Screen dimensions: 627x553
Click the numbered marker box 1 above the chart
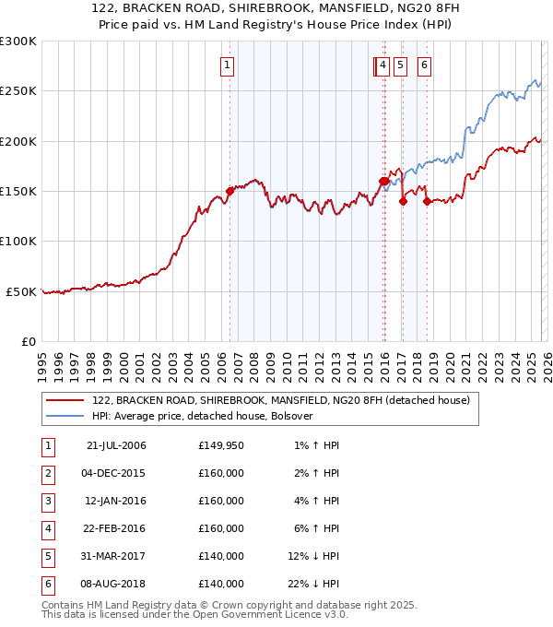pyautogui.click(x=227, y=65)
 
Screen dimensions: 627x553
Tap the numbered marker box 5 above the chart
pyautogui.click(x=401, y=65)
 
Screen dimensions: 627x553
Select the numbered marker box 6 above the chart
pyautogui.click(x=424, y=65)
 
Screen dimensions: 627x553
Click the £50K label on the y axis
pyautogui.click(x=21, y=291)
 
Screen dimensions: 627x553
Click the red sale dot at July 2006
pyautogui.click(x=229, y=191)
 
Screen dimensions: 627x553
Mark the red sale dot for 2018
pyautogui.click(x=427, y=202)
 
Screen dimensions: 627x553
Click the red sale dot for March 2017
pyautogui.click(x=403, y=201)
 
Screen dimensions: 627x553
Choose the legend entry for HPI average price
pyautogui.click(x=203, y=416)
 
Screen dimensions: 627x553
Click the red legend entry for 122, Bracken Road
pyautogui.click(x=281, y=400)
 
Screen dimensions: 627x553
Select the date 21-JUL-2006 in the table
pyautogui.click(x=116, y=445)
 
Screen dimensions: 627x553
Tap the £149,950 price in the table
pyautogui.click(x=221, y=445)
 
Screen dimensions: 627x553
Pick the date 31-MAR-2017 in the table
pyautogui.click(x=116, y=556)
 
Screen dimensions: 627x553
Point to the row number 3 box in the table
pyautogui.click(x=47, y=501)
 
